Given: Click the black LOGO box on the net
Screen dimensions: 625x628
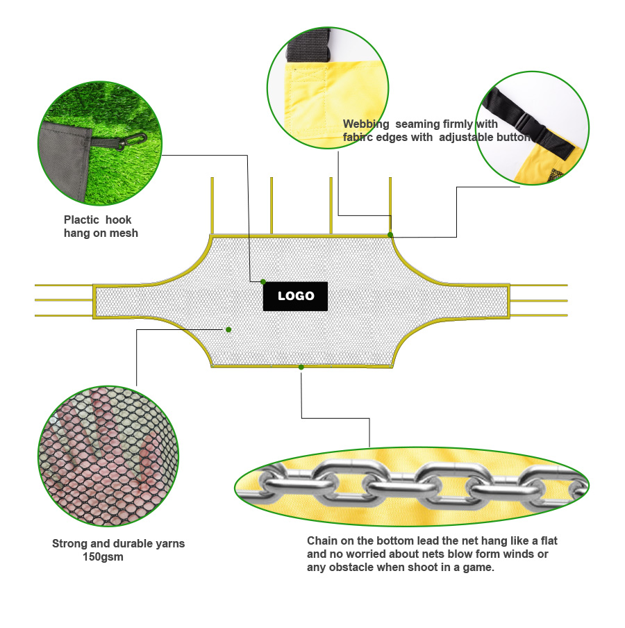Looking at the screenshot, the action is (295, 296).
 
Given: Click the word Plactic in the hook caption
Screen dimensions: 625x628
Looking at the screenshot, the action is (81, 220).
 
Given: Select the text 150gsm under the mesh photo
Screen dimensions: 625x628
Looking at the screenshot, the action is (103, 556).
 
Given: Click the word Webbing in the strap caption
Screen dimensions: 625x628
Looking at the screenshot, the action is (366, 124).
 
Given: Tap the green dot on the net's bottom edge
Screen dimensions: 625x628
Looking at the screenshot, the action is (301, 367).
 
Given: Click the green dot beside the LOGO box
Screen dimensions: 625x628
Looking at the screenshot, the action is (263, 281).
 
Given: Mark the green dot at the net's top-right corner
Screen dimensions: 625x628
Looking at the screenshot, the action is (390, 235).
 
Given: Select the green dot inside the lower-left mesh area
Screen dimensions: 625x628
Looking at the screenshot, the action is (228, 329).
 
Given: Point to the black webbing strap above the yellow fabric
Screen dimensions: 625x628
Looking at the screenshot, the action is (308, 46).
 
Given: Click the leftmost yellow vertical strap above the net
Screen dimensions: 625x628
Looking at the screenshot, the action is (212, 206).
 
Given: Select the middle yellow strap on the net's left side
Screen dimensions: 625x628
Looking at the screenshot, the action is (64, 300).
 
